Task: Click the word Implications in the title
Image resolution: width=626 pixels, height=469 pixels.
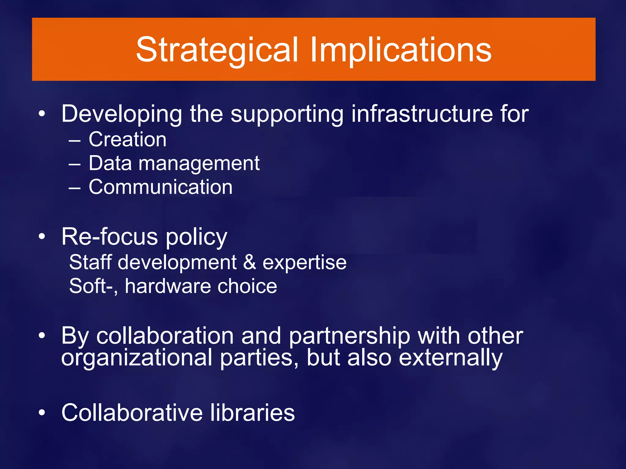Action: point(401,50)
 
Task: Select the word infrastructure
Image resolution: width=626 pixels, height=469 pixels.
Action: point(422,114)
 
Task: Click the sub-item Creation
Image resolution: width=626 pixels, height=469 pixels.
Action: point(127,140)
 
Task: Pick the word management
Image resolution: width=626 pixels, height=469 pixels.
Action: point(199,164)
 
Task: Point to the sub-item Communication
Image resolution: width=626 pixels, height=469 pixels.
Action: point(160,187)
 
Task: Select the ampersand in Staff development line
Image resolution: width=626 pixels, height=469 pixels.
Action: point(250,262)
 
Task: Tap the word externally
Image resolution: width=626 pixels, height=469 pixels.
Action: point(451,358)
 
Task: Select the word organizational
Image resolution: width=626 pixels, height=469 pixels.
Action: point(137,358)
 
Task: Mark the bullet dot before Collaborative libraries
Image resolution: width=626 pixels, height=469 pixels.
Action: point(42,413)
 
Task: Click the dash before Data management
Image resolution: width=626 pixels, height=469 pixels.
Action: point(75,164)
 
